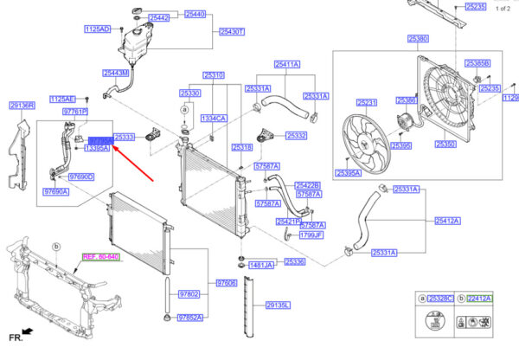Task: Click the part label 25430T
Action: [233, 31]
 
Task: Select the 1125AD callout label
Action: [96, 29]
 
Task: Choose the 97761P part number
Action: [76, 112]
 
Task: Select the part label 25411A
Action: [287, 65]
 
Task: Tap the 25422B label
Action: [307, 185]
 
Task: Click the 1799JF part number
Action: [311, 235]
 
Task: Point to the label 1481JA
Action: [261, 265]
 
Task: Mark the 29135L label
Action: [278, 305]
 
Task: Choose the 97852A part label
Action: [190, 318]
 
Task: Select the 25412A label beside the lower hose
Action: [447, 221]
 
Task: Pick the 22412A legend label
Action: [478, 299]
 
